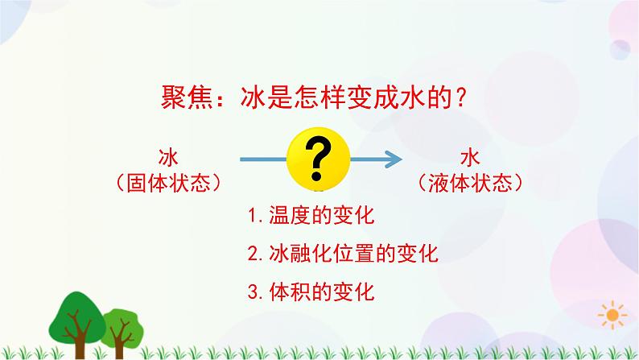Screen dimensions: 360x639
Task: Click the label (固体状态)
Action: (x=168, y=182)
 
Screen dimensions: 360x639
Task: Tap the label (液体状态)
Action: (x=470, y=182)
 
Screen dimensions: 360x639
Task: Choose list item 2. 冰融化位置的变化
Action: (x=343, y=254)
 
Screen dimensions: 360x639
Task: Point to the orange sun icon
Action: (x=616, y=315)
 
